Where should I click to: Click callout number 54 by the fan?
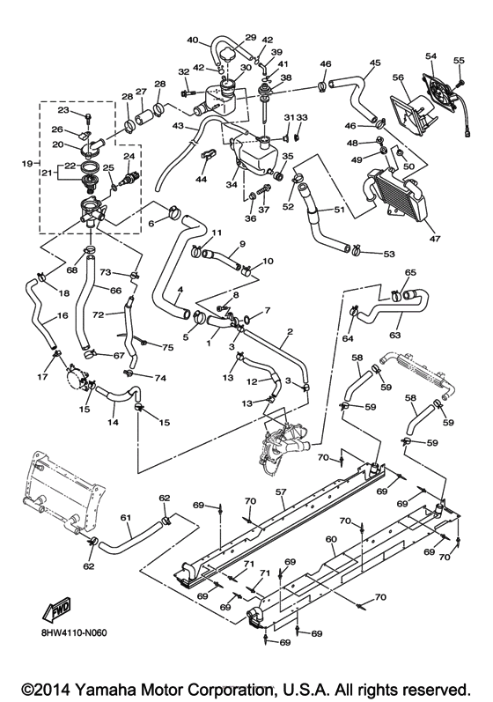(430, 56)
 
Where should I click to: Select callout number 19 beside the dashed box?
(26, 162)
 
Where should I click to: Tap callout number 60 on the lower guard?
(331, 539)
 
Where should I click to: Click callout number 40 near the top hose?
(193, 40)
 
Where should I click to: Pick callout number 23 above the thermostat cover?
(63, 110)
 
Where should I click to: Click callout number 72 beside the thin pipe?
(99, 314)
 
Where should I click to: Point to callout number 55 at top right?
(458, 60)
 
